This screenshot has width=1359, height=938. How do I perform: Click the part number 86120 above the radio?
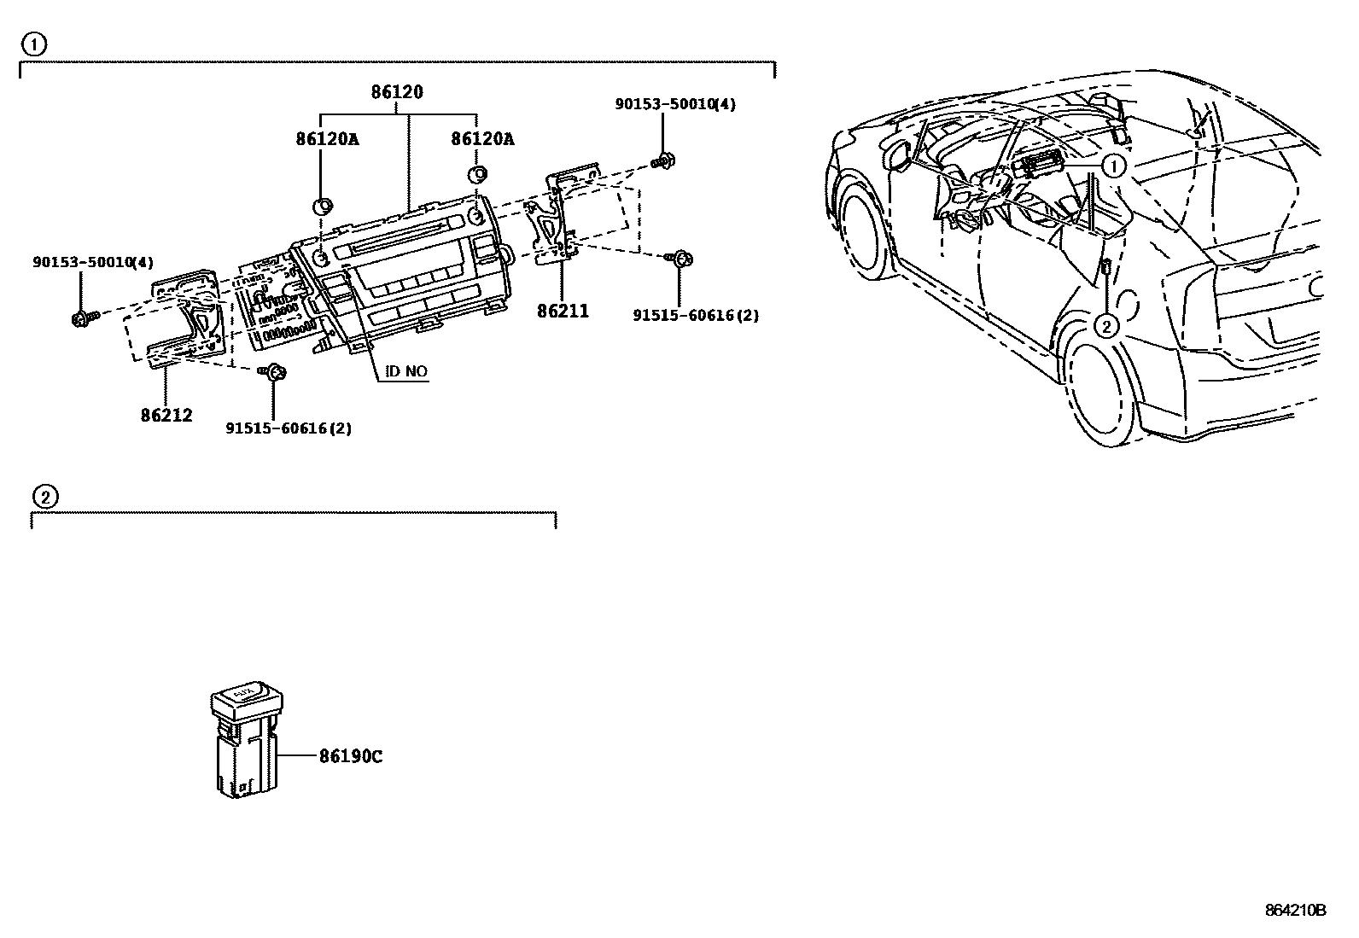click(396, 92)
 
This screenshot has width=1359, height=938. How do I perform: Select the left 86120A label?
click(327, 138)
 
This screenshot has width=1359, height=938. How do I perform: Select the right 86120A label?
click(482, 138)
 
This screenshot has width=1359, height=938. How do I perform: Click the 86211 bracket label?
click(563, 312)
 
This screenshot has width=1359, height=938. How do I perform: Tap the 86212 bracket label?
click(166, 416)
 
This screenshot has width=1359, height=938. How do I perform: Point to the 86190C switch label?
click(351, 756)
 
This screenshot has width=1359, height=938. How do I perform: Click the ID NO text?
click(406, 371)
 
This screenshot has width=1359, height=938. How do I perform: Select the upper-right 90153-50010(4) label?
click(675, 104)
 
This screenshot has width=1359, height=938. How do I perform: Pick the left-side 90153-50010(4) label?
click(94, 263)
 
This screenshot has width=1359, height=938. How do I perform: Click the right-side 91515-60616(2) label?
click(696, 315)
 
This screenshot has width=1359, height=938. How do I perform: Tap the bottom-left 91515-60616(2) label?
click(289, 428)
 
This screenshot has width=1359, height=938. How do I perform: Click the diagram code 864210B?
click(1295, 910)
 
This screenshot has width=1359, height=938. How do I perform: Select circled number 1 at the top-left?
click(34, 44)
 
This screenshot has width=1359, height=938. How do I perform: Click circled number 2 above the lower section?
click(44, 496)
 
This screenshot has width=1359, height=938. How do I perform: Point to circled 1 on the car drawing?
click(1114, 166)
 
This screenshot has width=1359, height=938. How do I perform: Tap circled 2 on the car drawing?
click(1105, 325)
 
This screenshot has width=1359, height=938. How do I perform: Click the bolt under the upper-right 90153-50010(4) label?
click(662, 160)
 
